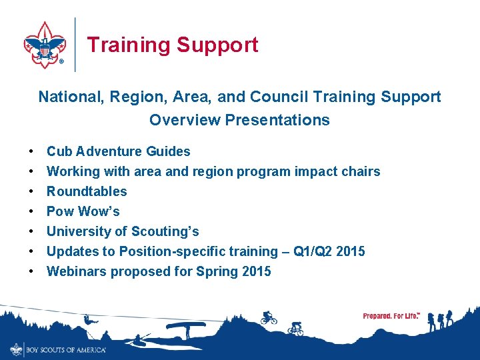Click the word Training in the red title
coord(129,45)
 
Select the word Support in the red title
coord(217,45)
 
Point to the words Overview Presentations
coord(239,120)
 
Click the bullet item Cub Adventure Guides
coord(118,151)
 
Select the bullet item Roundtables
coord(87,191)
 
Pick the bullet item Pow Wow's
coord(83,211)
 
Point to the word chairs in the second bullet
coord(361,171)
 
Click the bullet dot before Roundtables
coord(31,191)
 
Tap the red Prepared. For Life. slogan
coord(391,315)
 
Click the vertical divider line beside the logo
coord(75,44)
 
